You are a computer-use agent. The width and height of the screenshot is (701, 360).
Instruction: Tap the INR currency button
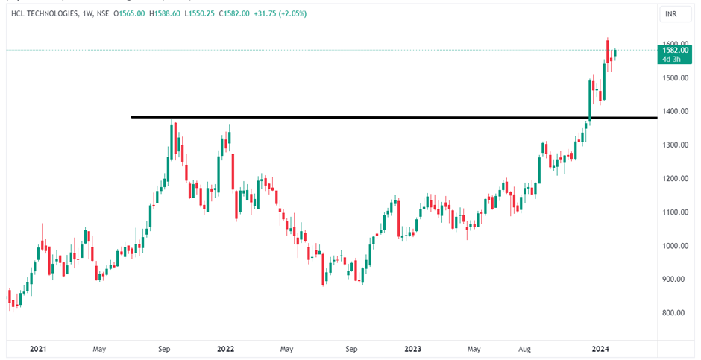pyautogui.click(x=671, y=14)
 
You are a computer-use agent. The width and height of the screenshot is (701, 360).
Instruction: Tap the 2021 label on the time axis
pyautogui.click(x=37, y=348)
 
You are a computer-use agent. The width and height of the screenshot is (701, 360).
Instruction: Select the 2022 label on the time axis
pyautogui.click(x=225, y=348)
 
